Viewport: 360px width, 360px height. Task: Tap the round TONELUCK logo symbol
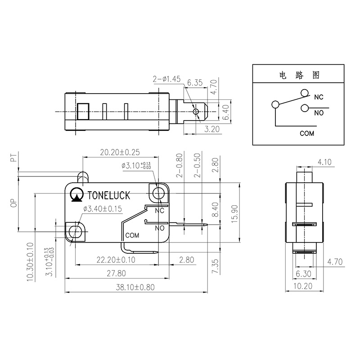click(x=77, y=194)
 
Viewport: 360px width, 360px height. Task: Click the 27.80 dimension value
click(x=116, y=274)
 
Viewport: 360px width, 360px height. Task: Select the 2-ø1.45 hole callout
click(x=166, y=79)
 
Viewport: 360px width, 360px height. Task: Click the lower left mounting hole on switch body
click(x=75, y=233)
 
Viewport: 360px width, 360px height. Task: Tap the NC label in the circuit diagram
click(x=319, y=97)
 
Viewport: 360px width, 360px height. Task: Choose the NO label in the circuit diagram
click(x=319, y=112)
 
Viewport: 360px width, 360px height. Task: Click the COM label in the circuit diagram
click(x=307, y=133)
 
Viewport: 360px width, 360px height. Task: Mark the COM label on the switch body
click(x=132, y=235)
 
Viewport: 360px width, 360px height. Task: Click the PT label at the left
click(x=13, y=158)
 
